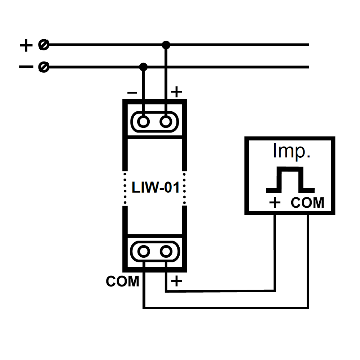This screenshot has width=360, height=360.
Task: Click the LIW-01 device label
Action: (x=156, y=188)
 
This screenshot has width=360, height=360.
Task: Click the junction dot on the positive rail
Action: (x=166, y=45)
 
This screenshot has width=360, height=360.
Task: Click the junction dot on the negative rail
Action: (x=144, y=67)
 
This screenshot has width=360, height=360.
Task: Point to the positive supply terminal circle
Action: (x=44, y=45)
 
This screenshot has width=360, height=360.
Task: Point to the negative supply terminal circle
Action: (x=44, y=67)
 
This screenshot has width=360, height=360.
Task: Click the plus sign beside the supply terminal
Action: (x=26, y=45)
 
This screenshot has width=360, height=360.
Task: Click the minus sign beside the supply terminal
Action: (x=26, y=67)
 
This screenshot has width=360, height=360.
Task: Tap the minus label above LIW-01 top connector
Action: (x=132, y=93)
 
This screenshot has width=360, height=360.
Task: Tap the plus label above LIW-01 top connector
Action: (x=176, y=93)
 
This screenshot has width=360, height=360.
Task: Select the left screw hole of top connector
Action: (x=144, y=122)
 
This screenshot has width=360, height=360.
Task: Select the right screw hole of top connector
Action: (x=166, y=122)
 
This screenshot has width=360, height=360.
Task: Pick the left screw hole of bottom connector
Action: (x=144, y=251)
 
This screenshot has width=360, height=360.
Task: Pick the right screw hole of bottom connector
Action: (x=166, y=251)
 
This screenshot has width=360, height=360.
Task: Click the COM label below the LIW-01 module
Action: (x=122, y=282)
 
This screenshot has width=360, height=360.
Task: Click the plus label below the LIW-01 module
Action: (x=176, y=281)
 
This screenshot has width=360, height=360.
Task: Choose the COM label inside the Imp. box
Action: (x=307, y=203)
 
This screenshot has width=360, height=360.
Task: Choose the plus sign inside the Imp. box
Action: (x=275, y=203)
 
